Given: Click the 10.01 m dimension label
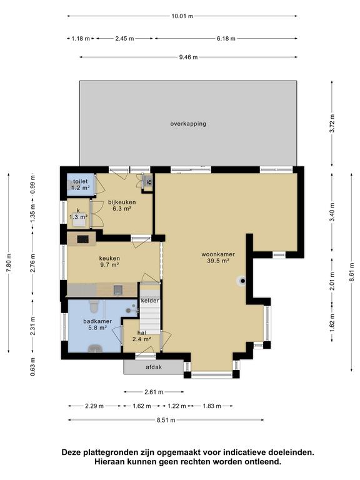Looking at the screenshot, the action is pyautogui.click(x=182, y=16).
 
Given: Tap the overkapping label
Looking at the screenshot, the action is pyautogui.click(x=188, y=124).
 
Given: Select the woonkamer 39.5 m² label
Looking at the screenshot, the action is pyautogui.click(x=218, y=257).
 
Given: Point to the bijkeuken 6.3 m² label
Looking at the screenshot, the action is pyautogui.click(x=122, y=205).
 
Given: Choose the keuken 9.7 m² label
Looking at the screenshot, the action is pyautogui.click(x=109, y=261).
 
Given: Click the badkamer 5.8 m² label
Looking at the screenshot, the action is pyautogui.click(x=97, y=324).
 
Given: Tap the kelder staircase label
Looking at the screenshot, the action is pyautogui.click(x=150, y=301).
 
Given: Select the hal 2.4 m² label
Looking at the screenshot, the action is pyautogui.click(x=142, y=336).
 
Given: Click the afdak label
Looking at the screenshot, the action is pyautogui.click(x=154, y=367).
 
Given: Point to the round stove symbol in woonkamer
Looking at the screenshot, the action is pyautogui.click(x=241, y=281).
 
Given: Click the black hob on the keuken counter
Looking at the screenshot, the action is pyautogui.click(x=83, y=239).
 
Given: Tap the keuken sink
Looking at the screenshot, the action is pyautogui.click(x=118, y=289).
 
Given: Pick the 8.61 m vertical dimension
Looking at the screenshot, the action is pyautogui.click(x=352, y=272).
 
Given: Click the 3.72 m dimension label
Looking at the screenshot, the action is pyautogui.click(x=332, y=123).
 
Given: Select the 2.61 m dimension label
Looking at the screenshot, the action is pyautogui.click(x=154, y=391).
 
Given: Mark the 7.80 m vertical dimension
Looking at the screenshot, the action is pyautogui.click(x=9, y=262).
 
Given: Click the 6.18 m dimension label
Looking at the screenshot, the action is pyautogui.click(x=226, y=38).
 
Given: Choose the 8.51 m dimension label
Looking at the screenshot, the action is pyautogui.click(x=166, y=420).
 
